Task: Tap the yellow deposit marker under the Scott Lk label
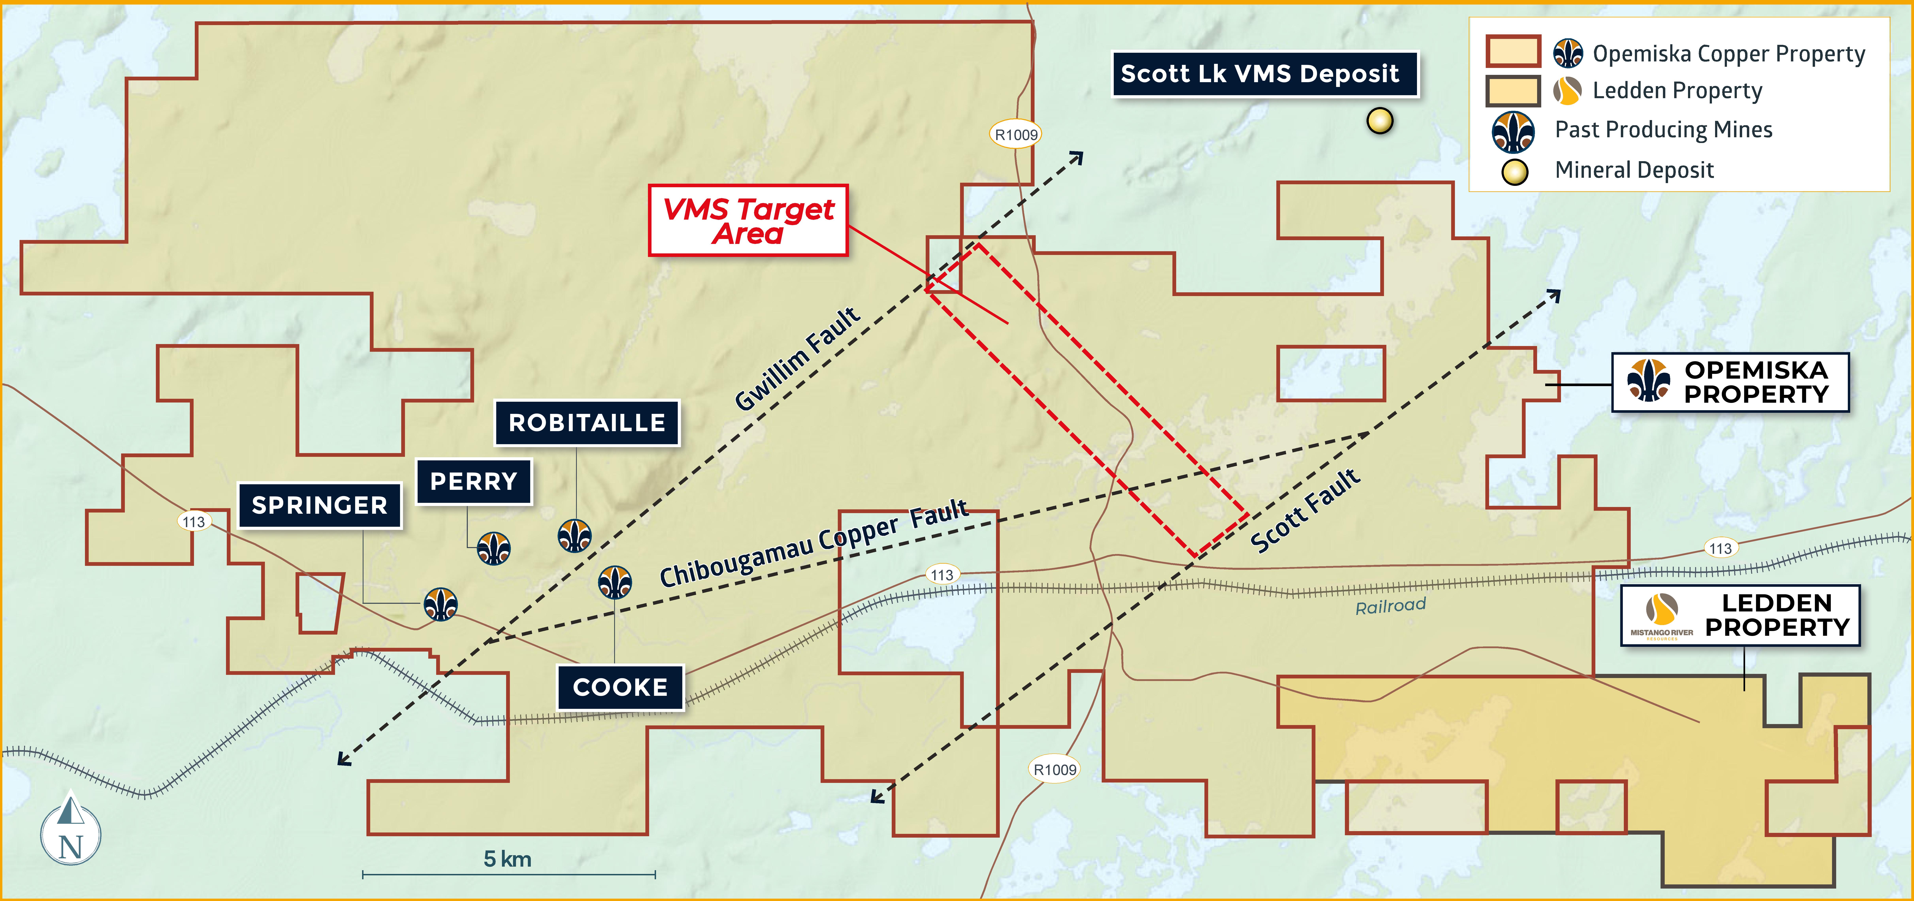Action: pos(1380,120)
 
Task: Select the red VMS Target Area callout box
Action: pos(748,221)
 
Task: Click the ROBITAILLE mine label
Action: pos(587,423)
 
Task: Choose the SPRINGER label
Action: pos(319,505)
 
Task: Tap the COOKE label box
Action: pos(620,687)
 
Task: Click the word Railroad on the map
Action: pos(1390,606)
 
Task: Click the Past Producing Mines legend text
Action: pos(1663,130)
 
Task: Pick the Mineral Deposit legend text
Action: pos(1634,170)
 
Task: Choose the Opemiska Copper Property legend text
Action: pos(1728,54)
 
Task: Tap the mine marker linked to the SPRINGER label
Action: pos(441,604)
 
